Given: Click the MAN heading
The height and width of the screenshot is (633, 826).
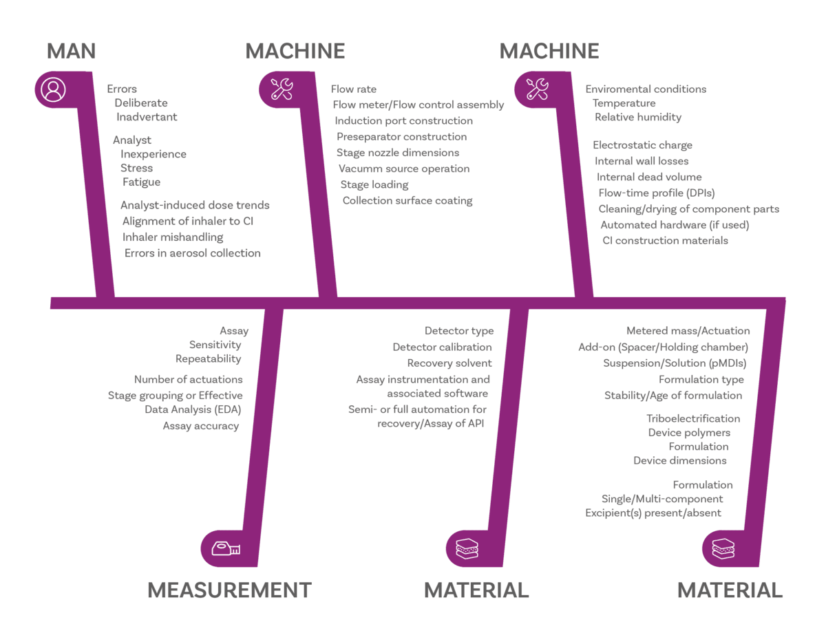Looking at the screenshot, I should point(71,51).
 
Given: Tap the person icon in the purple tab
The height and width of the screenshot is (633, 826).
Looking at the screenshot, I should point(53,89).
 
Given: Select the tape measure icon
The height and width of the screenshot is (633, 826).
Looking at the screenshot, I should point(225,548).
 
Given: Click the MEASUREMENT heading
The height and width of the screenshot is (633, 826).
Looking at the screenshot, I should point(230,590).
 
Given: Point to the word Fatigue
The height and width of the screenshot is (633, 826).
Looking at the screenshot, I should point(142,183).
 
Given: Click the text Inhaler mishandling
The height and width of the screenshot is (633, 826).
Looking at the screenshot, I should point(173,237).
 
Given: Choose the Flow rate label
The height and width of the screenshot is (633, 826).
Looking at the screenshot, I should point(354,89).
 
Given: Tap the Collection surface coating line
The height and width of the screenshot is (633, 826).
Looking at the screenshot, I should point(407,200).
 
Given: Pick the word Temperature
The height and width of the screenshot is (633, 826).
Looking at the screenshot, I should point(624,104).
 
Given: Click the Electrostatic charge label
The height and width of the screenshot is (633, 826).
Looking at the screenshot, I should point(642,145).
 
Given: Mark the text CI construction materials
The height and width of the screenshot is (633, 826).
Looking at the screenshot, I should point(665,241).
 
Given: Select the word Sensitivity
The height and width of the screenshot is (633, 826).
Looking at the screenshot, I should point(215,345).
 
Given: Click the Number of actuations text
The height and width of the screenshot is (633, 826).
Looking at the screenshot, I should point(188,379).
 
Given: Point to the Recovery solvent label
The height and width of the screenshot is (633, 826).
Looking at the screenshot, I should point(449,363).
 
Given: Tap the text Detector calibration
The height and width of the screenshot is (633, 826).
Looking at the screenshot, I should point(443,347).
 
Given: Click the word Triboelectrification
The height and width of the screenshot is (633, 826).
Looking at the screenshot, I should point(694,418).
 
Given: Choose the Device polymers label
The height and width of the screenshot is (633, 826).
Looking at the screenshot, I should point(689,433).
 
